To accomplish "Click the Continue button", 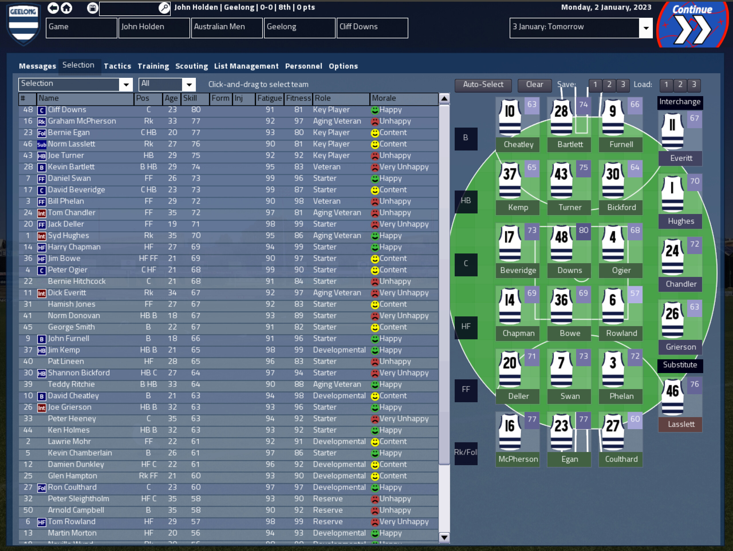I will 692,25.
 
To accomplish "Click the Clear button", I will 534,85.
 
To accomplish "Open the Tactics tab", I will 117,66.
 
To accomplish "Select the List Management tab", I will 246,66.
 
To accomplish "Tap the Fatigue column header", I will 269,98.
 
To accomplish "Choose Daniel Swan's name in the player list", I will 69,179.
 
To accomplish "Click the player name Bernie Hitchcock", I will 76,282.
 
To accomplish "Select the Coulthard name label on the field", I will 621,459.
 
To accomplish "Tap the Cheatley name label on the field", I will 518,145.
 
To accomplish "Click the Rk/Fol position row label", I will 466,453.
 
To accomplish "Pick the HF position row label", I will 466,327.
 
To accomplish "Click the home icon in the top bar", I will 67,8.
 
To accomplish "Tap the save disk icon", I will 92,8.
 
